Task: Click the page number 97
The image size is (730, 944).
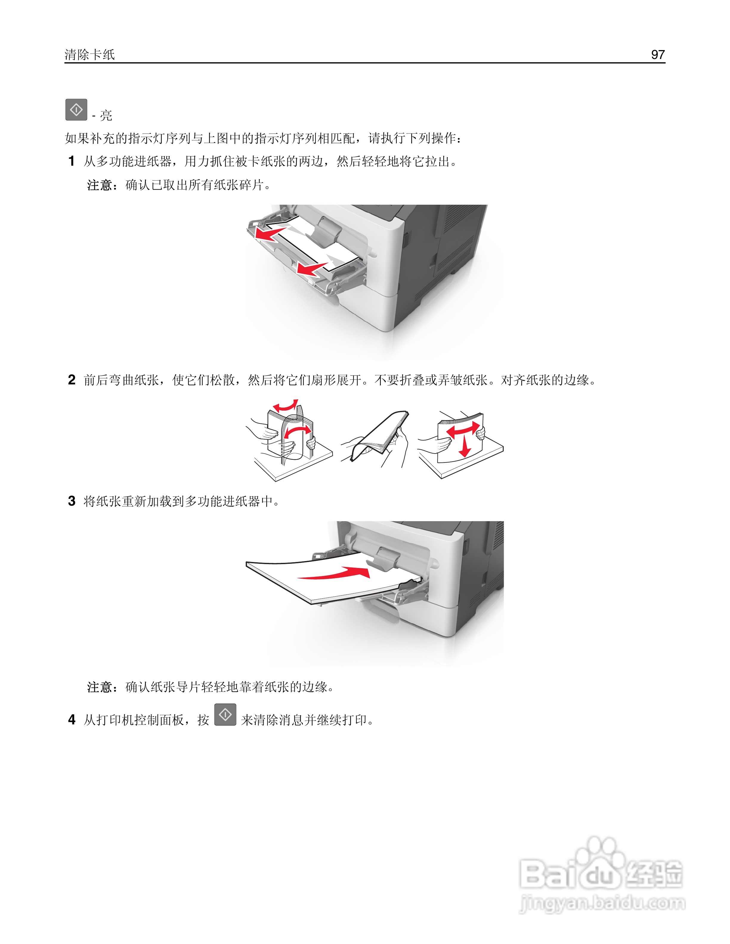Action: click(658, 55)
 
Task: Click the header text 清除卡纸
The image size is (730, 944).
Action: click(89, 55)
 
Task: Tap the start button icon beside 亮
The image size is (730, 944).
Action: click(76, 110)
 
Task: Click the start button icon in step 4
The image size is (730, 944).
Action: click(225, 715)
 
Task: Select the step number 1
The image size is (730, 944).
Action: click(72, 161)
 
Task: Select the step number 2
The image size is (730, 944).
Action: click(72, 380)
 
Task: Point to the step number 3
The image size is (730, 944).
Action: click(72, 501)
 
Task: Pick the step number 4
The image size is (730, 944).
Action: click(72, 720)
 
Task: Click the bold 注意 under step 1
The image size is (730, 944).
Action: click(100, 185)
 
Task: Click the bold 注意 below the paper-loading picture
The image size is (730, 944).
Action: click(100, 687)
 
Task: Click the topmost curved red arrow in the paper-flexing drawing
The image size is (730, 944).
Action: click(285, 406)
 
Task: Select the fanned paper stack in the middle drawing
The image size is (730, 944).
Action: click(381, 437)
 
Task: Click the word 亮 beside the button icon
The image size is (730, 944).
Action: click(106, 115)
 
